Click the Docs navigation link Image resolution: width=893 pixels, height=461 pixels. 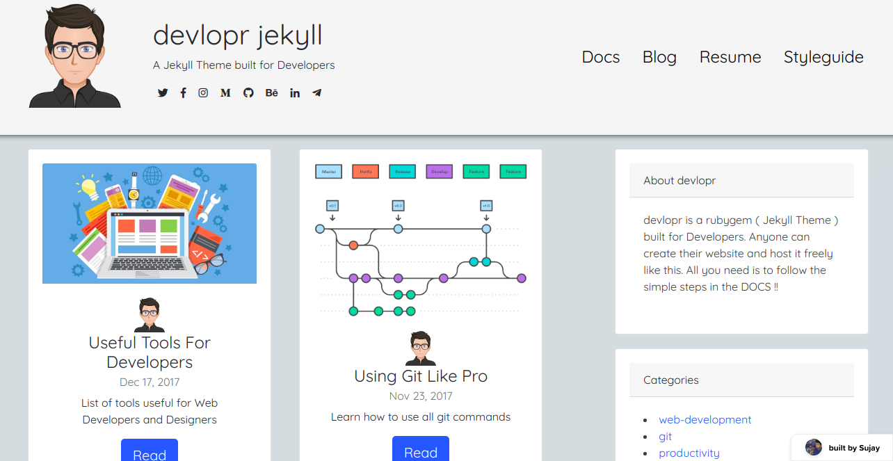(x=600, y=57)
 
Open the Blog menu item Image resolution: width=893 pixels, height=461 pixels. (x=659, y=57)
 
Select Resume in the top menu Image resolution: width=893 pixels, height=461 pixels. (x=730, y=57)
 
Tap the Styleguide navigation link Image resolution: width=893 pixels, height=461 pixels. (x=823, y=57)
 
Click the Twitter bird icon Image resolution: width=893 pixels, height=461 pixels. (x=163, y=92)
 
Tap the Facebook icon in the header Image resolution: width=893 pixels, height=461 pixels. (x=183, y=92)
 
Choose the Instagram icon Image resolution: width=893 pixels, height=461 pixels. (x=203, y=92)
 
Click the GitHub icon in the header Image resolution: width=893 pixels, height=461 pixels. (x=248, y=92)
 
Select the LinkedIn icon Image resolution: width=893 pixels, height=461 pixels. (x=295, y=92)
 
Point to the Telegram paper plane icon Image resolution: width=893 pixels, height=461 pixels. (x=317, y=92)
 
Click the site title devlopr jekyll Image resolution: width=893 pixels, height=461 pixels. (x=237, y=35)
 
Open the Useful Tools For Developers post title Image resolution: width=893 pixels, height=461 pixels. (x=150, y=353)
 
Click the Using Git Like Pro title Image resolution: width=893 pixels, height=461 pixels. (x=421, y=376)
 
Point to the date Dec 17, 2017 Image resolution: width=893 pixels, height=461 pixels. (x=150, y=382)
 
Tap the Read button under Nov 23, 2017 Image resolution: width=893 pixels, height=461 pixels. (x=421, y=451)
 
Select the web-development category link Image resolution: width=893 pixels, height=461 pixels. (x=705, y=420)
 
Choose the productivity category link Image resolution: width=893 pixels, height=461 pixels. (x=689, y=453)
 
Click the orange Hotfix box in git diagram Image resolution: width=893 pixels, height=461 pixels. (x=366, y=171)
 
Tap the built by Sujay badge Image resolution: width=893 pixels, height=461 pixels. (x=843, y=448)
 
